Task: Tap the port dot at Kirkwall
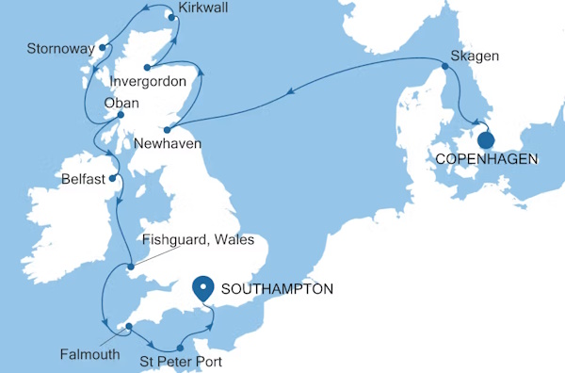click(x=170, y=17)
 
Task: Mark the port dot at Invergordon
click(x=147, y=67)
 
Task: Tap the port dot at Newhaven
click(x=166, y=130)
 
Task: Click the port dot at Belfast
click(x=112, y=177)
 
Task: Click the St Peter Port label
click(x=182, y=360)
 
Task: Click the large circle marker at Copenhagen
click(x=486, y=141)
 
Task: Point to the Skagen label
click(x=474, y=57)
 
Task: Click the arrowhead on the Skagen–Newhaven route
click(x=292, y=91)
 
